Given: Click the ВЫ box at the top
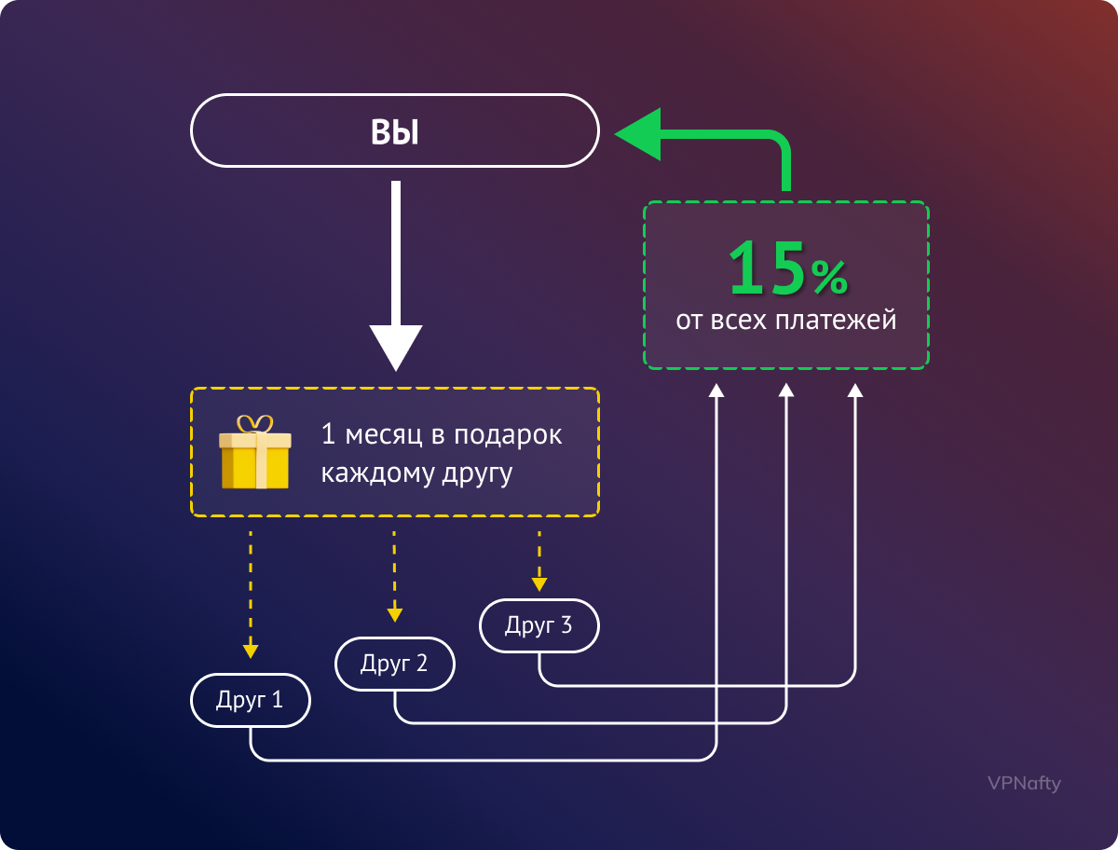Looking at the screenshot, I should [395, 131].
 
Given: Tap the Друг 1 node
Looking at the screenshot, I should [250, 700].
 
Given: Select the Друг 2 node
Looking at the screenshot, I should [395, 664].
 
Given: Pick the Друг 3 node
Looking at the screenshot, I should [539, 625].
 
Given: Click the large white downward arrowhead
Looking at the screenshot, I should [396, 347].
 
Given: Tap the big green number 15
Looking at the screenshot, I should [767, 267].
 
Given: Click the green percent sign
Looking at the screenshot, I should [828, 277].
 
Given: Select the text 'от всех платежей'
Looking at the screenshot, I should [786, 321].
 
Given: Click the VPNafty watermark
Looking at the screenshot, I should [1024, 783].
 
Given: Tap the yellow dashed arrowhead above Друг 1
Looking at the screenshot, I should [250, 651].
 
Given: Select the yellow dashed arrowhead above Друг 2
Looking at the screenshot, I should [395, 614].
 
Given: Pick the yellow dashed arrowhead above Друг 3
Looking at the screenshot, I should [539, 583].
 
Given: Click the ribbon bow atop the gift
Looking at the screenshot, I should [254, 425].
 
